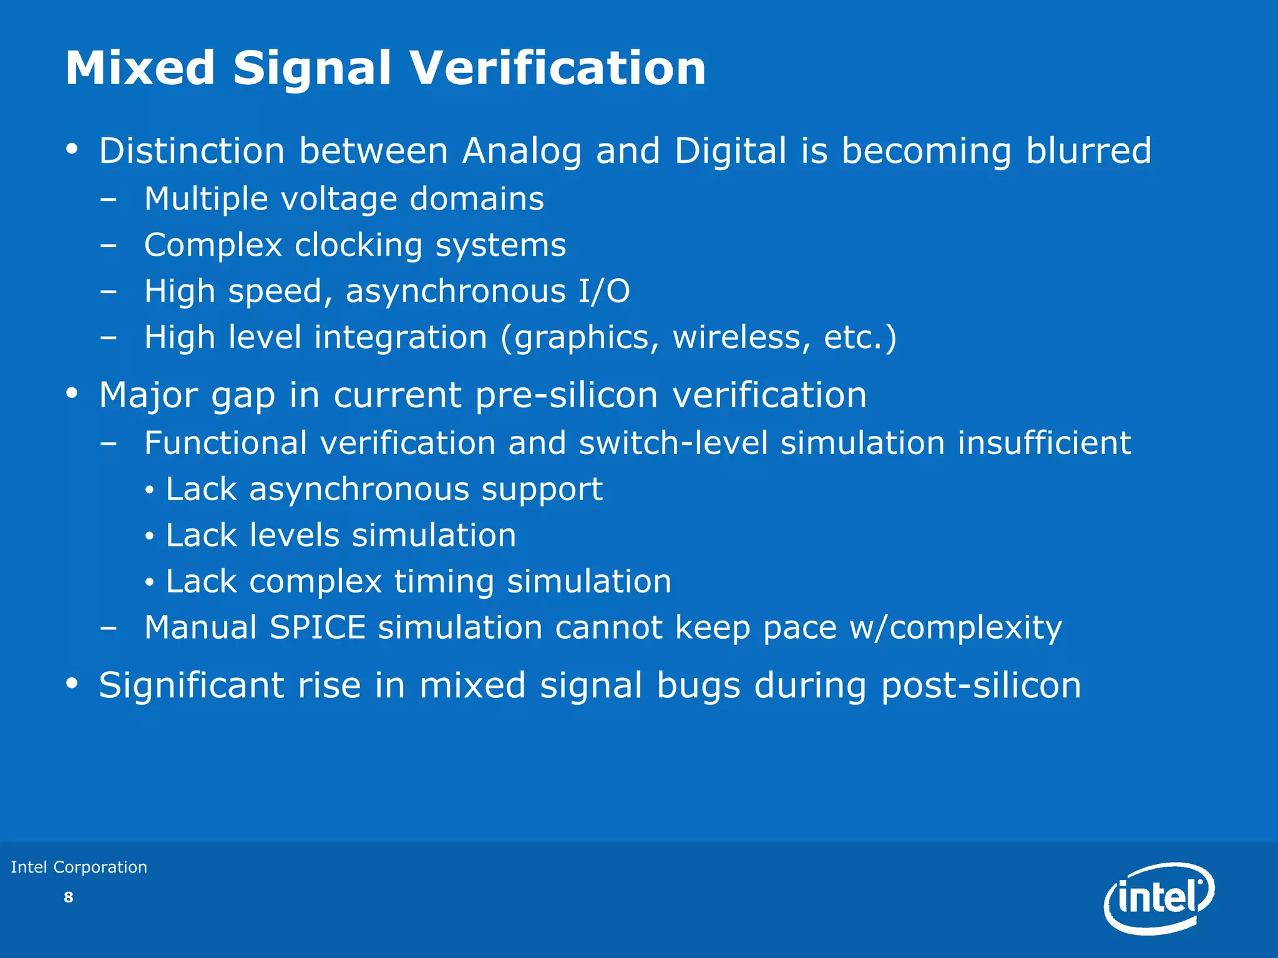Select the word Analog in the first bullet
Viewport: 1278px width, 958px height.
[522, 152]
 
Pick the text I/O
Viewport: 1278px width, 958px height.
[603, 291]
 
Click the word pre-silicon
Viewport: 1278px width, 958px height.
[567, 395]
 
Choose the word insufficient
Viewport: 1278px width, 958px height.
[1044, 443]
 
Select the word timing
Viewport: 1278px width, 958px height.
[444, 581]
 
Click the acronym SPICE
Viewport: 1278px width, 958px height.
[318, 627]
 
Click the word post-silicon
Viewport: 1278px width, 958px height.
[981, 685]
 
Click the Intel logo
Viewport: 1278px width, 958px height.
[1159, 898]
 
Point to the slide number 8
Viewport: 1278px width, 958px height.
[69, 898]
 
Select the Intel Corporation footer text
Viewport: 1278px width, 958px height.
[79, 867]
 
